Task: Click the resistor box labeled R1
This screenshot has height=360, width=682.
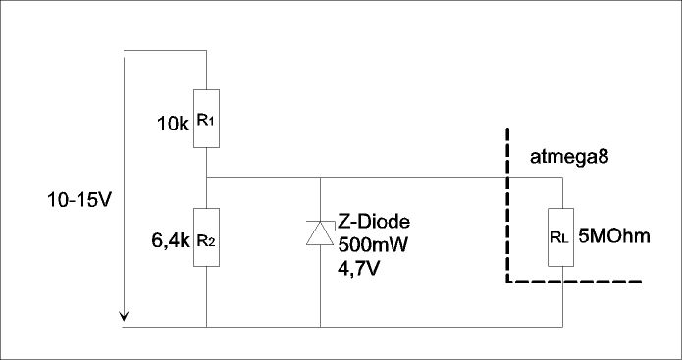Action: pos(206,119)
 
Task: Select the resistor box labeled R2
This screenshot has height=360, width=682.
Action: pos(206,237)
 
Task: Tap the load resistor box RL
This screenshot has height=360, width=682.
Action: pos(560,237)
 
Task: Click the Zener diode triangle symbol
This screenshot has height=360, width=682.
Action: pos(320,233)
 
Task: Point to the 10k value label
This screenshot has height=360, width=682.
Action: pos(173,125)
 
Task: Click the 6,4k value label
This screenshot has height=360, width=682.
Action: pos(171,240)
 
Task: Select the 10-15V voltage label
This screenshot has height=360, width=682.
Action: pos(79,200)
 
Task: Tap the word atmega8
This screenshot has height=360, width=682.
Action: pos(569,157)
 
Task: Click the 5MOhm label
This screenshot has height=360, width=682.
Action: pos(613,236)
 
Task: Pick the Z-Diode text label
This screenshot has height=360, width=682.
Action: pos(374,222)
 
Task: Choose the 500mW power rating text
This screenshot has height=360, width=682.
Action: pos(373,245)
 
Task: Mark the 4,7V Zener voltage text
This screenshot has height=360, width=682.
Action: pos(358,268)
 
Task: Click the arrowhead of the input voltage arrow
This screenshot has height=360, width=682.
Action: pos(124,317)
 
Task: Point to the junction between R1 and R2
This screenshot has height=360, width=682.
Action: pos(206,177)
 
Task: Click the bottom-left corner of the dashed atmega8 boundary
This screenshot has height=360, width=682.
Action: pos(507,282)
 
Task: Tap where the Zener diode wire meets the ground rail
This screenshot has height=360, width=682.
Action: pos(320,327)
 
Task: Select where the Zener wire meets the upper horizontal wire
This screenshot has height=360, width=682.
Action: pos(320,177)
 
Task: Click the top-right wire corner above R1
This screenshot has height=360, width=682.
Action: pos(206,50)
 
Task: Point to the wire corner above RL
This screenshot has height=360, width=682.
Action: pos(563,177)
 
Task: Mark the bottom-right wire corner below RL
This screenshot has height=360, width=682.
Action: pos(563,327)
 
